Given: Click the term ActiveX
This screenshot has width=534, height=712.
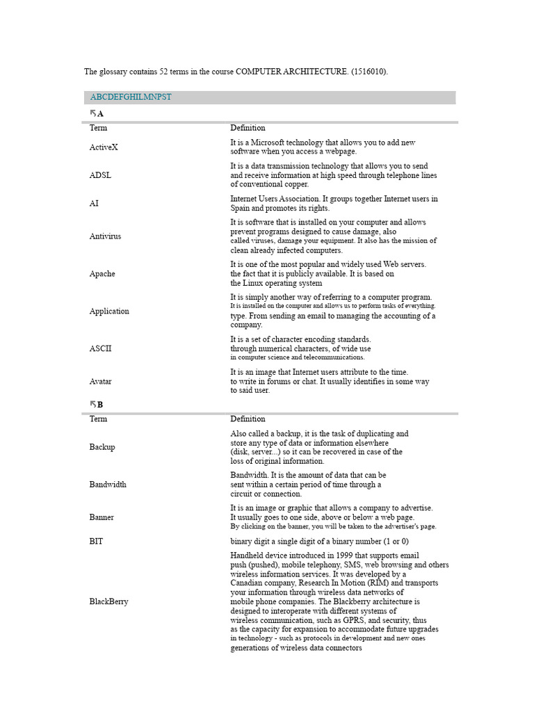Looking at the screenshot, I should pyautogui.click(x=104, y=147).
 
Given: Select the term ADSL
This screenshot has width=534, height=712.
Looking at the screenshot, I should pyautogui.click(x=100, y=175).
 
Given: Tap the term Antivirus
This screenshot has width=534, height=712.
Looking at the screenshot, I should pyautogui.click(x=105, y=236).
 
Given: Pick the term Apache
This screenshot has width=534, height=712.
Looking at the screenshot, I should pyautogui.click(x=102, y=274).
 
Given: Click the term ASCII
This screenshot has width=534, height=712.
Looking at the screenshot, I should pyautogui.click(x=100, y=348).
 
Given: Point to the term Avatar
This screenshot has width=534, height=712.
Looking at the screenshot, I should pyautogui.click(x=100, y=382).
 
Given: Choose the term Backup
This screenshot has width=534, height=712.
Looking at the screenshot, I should pyautogui.click(x=102, y=447).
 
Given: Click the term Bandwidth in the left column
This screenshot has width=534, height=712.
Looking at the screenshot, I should pyautogui.click(x=108, y=485).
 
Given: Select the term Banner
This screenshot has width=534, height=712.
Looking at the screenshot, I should pyautogui.click(x=102, y=517).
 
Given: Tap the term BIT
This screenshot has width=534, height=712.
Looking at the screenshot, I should pyautogui.click(x=96, y=541).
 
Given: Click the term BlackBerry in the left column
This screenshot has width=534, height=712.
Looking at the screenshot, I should pyautogui.click(x=108, y=601).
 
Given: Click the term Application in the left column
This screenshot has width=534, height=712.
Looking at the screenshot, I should pyautogui.click(x=109, y=311).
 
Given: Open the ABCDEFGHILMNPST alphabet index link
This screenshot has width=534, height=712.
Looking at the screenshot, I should pyautogui.click(x=131, y=97).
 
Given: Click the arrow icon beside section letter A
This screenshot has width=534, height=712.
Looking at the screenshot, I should pyautogui.click(x=92, y=113).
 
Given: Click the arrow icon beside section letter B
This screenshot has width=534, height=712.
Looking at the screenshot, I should pyautogui.click(x=92, y=404).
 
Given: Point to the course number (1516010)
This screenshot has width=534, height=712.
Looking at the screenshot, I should pyautogui.click(x=368, y=72).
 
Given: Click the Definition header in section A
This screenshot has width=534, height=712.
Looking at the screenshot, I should pyautogui.click(x=248, y=128).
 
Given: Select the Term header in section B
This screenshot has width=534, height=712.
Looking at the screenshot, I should pyautogui.click(x=98, y=419).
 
